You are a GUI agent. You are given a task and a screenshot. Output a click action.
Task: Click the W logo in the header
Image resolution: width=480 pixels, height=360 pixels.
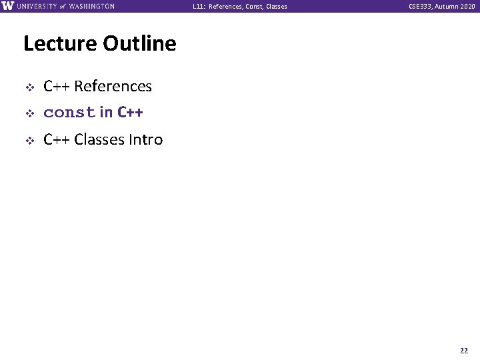tap(8, 6)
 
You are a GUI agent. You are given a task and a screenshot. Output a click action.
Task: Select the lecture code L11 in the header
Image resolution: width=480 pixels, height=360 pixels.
tap(198, 7)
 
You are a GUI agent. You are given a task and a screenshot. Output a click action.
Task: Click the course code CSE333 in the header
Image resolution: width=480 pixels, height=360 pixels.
tap(422, 7)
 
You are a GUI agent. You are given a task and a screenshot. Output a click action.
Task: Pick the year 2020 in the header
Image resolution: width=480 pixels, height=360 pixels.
tap(467, 7)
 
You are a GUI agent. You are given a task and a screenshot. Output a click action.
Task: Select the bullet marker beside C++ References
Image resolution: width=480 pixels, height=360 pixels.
tap(29, 87)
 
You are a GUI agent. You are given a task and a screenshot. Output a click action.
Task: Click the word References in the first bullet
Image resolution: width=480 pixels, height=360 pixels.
tap(113, 87)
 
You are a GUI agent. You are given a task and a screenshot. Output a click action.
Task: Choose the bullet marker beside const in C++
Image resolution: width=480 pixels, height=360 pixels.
tap(29, 113)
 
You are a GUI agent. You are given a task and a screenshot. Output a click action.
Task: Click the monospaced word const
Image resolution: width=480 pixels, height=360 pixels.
tap(69, 113)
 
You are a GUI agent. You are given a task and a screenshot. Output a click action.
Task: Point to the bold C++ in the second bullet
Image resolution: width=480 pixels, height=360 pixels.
tap(130, 113)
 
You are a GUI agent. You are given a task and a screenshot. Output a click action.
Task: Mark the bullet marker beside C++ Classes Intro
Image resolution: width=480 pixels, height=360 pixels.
tap(29, 140)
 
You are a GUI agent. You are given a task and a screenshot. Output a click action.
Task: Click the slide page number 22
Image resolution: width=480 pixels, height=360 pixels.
tap(463, 351)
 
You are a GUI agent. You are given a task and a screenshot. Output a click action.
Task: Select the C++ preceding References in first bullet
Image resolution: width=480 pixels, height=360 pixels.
tap(57, 87)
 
